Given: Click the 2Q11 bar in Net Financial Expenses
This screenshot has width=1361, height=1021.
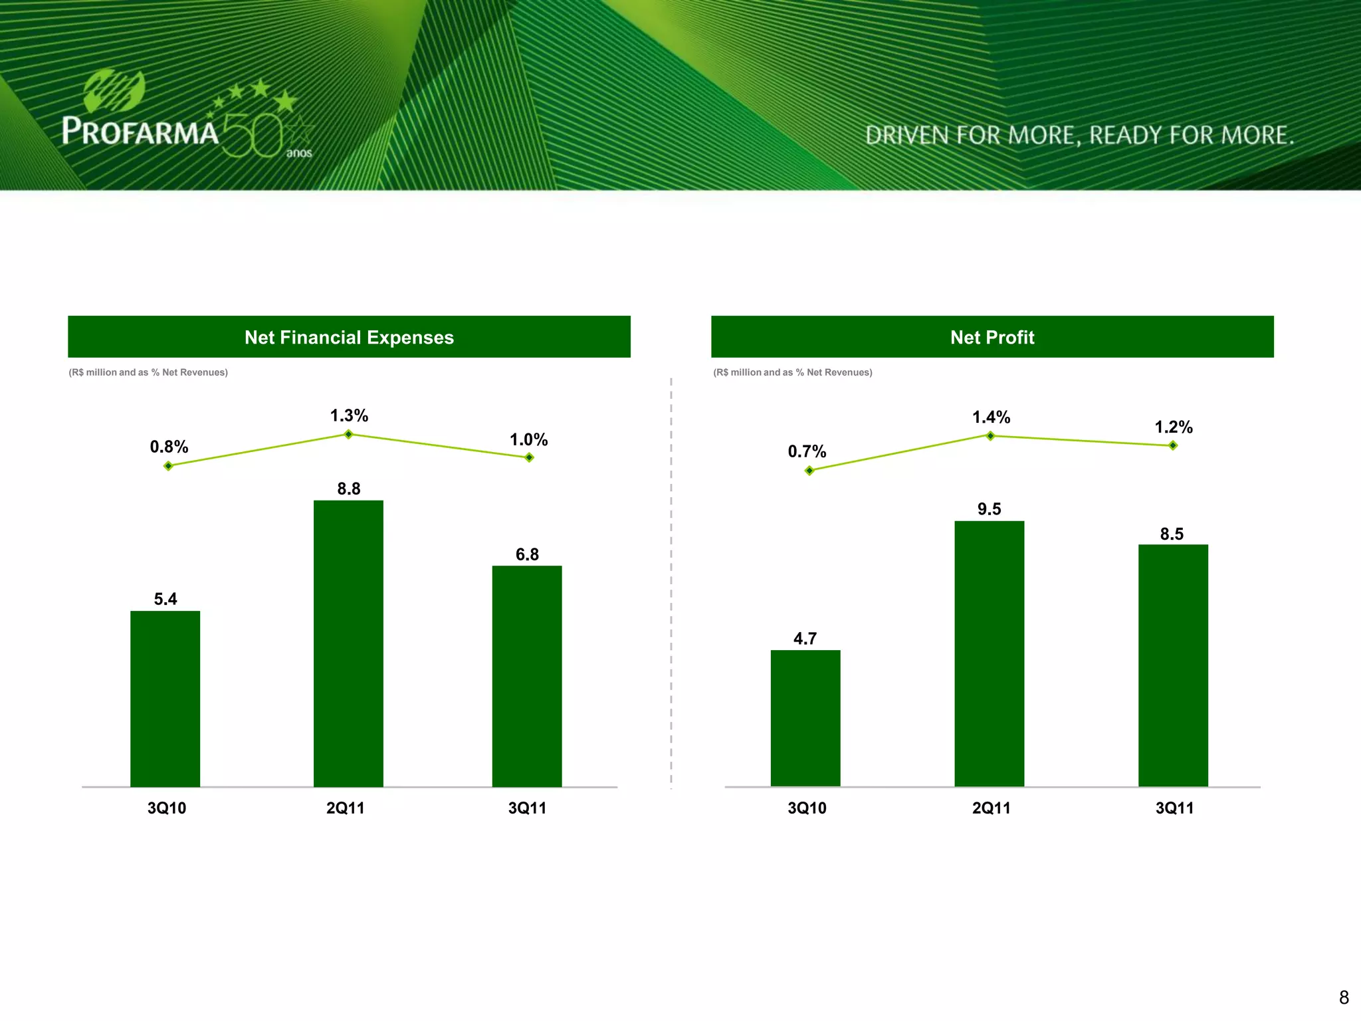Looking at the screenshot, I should coord(348,643).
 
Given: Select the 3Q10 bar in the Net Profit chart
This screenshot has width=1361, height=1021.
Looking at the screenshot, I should coord(805,718).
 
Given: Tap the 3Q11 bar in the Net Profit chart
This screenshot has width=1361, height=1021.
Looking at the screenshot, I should coord(1173,665).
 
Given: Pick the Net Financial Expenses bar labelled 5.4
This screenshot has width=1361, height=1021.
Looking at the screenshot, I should coord(165,698).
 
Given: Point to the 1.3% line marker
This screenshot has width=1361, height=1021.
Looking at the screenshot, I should coord(348,434).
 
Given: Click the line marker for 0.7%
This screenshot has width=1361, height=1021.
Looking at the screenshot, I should coord(809,471).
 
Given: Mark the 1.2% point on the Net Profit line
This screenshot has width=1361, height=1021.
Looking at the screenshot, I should coord(1173,445).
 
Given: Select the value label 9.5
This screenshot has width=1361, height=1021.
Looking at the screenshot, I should coord(989,509).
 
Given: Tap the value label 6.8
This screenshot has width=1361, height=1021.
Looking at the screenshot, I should coord(527,554).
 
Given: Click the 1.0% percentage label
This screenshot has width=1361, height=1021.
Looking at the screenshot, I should coord(528,439).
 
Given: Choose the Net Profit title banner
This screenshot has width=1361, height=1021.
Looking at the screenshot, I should coord(992,337).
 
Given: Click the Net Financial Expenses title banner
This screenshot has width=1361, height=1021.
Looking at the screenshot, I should coord(349,337).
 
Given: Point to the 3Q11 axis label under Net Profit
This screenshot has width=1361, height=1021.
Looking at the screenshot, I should coord(1174,808).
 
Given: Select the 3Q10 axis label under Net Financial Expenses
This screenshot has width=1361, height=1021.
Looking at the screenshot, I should coord(167,808).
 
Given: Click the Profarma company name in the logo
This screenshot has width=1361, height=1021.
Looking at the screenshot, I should coord(140,131).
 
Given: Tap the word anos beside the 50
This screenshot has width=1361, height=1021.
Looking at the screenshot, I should coord(299,153).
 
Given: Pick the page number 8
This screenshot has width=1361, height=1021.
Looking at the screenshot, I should coord(1344,997).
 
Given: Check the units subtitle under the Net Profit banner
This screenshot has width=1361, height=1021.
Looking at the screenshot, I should coord(792,372).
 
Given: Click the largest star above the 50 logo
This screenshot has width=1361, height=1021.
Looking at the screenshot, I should coord(286,101).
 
